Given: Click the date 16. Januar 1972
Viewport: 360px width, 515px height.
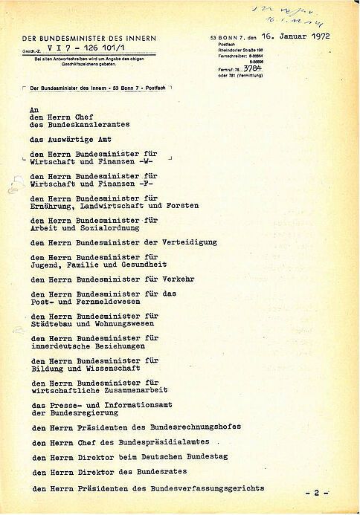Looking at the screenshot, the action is (300, 35).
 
